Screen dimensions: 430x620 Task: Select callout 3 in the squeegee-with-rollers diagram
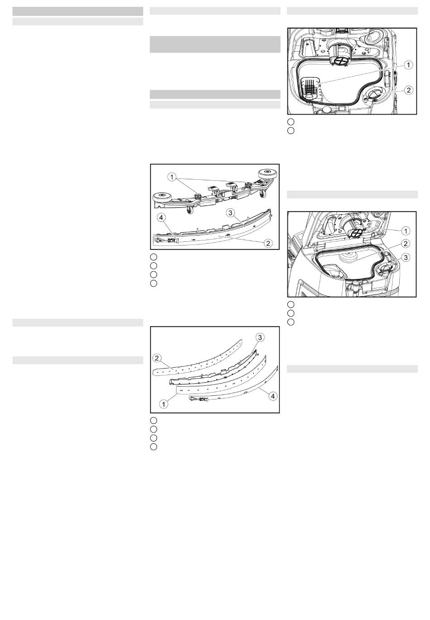(230, 213)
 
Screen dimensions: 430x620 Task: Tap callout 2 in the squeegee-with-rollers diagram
(268, 243)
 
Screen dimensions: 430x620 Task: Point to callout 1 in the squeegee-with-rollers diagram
(172, 177)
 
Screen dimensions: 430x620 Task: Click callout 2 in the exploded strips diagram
(157, 358)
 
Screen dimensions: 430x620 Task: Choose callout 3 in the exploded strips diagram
(260, 337)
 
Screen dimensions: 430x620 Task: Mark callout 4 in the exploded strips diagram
(273, 396)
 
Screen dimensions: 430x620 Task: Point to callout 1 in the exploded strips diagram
(163, 404)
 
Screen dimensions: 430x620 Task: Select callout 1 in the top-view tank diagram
(408, 65)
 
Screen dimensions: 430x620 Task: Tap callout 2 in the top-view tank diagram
(408, 90)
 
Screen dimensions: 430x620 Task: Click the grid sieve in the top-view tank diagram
(310, 87)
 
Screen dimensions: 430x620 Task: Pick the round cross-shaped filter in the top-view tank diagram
(340, 61)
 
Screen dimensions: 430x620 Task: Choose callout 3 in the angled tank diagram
(406, 258)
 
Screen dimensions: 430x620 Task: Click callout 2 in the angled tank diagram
(406, 244)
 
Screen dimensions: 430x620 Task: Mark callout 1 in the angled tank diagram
(406, 231)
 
